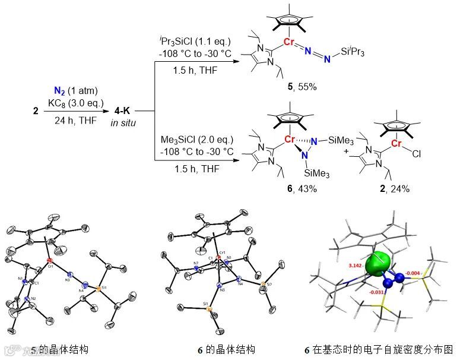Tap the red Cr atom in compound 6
click(290, 140)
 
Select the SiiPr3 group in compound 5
click(353, 53)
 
